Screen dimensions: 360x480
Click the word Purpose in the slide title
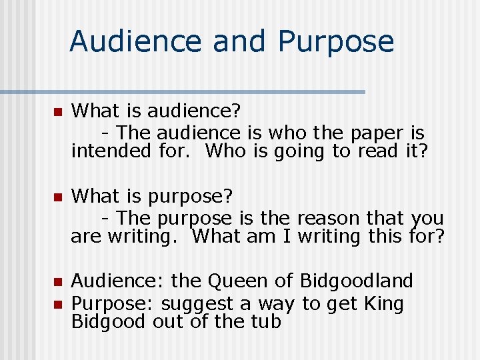335,41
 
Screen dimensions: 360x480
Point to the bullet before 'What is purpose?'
57,197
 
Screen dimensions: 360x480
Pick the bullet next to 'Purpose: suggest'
57,304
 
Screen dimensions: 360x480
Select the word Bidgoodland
357,281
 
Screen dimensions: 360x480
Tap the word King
384,304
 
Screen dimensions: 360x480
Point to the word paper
373,133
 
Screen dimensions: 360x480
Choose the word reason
328,217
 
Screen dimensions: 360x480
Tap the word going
297,151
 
